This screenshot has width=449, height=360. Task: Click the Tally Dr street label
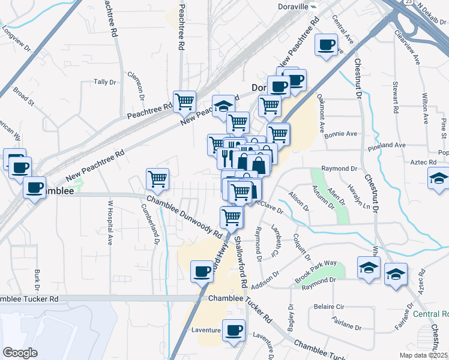[x=105, y=82]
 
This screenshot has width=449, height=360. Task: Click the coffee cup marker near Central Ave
[x=327, y=45]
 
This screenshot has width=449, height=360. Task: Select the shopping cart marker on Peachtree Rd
[x=184, y=101]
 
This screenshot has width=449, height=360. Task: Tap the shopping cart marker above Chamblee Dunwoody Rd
[x=157, y=178]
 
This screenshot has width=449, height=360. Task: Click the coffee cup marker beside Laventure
[x=234, y=329]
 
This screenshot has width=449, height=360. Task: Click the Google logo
[x=20, y=353]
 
